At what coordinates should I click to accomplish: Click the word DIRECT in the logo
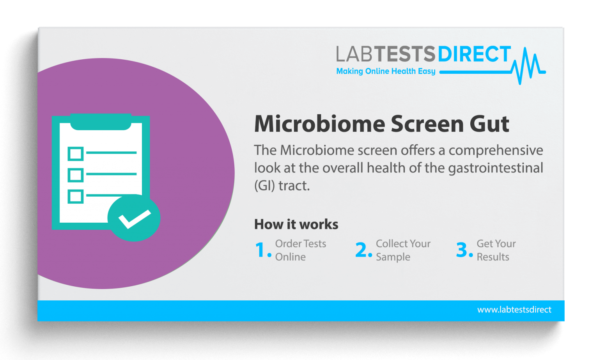pos(474,54)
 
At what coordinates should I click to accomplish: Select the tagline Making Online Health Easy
pos(385,71)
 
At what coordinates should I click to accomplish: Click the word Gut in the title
pos(489,124)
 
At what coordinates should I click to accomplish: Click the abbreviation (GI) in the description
pos(264,186)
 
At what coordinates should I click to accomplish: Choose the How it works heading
pos(296,224)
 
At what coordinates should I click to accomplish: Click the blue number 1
pos(261,250)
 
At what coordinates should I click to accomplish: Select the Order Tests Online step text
pos(300,250)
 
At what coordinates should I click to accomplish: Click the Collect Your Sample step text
pos(403,250)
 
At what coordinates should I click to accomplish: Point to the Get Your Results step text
pos(496,250)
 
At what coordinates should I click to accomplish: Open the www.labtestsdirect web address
pos(514,310)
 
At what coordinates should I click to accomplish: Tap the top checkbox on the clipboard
pos(76,154)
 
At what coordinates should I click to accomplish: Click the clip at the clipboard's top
pos(101,122)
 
